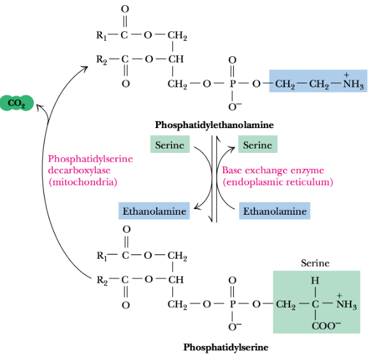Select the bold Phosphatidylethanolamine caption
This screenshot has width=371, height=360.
point(214,125)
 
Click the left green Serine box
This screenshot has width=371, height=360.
point(170,145)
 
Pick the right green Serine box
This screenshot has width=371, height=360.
point(258,145)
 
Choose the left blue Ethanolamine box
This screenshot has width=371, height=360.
point(154,211)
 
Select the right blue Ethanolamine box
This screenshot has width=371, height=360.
point(274,211)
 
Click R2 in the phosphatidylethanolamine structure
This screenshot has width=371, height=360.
point(101,59)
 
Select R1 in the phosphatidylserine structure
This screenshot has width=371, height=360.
point(101,256)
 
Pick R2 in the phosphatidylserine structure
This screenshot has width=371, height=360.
point(101,280)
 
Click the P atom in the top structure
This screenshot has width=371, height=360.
point(232,83)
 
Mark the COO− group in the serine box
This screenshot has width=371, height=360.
point(314,326)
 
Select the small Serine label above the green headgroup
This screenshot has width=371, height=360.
point(315,263)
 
